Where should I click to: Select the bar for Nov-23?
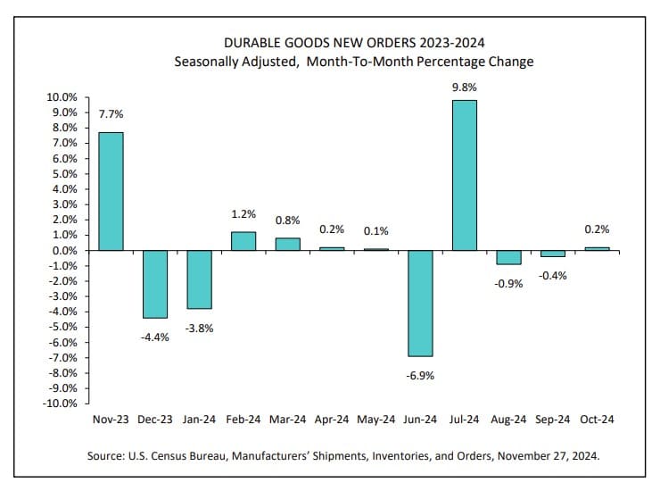click(110, 191)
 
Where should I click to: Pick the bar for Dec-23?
click(154, 284)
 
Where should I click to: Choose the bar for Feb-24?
click(243, 241)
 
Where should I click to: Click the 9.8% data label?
click(465, 87)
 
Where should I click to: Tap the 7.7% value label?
click(111, 114)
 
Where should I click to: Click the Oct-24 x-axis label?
click(597, 418)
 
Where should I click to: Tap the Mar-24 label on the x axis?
click(287, 418)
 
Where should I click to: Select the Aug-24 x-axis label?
click(508, 418)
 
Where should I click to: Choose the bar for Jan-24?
click(199, 279)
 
